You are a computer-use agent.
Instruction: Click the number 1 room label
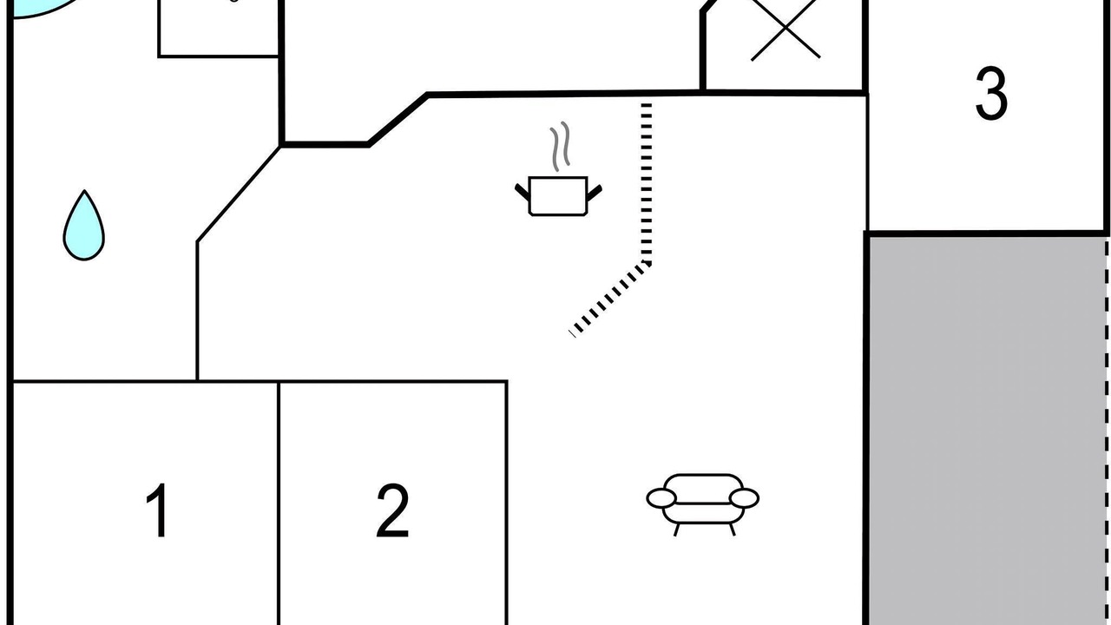click(158, 510)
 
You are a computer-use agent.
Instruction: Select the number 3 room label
click(991, 93)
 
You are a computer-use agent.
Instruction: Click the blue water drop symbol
click(84, 225)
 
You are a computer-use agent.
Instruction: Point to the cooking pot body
click(558, 196)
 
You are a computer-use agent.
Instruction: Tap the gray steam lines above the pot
click(560, 146)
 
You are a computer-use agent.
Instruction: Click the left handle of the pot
click(523, 192)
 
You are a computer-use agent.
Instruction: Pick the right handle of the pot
click(595, 193)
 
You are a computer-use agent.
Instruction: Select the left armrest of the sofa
click(661, 498)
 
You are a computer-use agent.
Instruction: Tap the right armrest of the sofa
click(744, 498)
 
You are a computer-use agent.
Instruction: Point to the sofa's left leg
click(676, 530)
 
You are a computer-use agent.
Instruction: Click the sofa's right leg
click(732, 530)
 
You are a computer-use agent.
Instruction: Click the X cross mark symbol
click(786, 29)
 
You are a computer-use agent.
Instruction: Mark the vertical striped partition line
click(647, 183)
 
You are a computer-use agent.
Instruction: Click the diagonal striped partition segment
click(610, 299)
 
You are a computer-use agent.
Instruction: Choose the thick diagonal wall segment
click(398, 119)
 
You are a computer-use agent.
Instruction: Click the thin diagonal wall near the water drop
click(239, 194)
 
